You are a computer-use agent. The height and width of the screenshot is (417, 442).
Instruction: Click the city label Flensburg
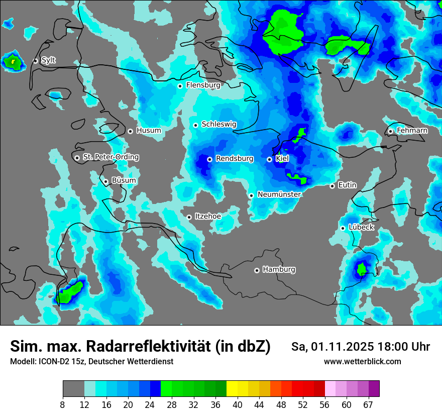pos(203,85)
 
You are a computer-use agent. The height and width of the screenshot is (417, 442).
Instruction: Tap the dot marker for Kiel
pos(270,159)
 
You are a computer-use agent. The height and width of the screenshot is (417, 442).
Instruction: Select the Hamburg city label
pos(279,270)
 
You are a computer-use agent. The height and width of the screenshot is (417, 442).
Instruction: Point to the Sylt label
pos(48,60)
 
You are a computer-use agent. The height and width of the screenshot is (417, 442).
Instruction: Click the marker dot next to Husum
pos(130,131)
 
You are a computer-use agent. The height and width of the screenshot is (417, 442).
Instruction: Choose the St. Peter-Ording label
pos(111,157)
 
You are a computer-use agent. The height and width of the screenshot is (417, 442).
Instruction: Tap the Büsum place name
pos(124,181)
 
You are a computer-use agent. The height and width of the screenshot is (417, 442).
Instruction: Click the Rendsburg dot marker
pos(209,159)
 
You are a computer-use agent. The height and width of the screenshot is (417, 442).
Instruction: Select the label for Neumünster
pos(279,194)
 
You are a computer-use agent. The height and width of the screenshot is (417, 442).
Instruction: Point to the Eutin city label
pos(347,185)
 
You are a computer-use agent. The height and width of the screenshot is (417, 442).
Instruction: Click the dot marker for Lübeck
pos(343,228)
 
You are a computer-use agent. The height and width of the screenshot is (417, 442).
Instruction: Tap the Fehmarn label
pos(412,131)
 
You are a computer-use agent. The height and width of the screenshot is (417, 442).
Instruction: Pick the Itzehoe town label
pos(207,217)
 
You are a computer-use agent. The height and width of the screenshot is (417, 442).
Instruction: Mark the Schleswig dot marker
pos(195,125)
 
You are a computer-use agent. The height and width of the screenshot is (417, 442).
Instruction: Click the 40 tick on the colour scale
pos(237,404)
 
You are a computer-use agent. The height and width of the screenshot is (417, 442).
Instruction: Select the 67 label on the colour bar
pos(368,404)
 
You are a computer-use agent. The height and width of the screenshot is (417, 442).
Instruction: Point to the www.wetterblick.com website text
pos(362,362)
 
